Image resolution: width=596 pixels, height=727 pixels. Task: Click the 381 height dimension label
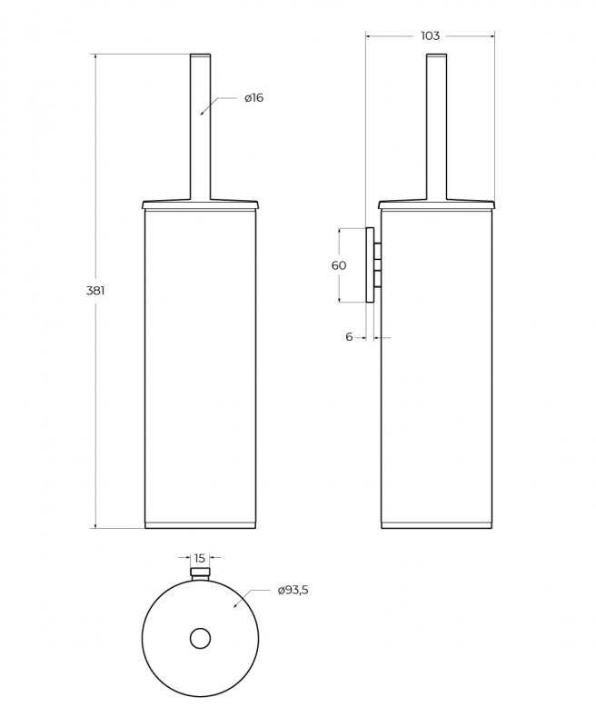pos(95,291)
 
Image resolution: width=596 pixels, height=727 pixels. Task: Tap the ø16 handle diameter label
pos(254,98)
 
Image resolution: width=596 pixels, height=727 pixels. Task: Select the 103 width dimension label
pos(430,35)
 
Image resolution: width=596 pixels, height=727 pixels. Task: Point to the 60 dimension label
pos(339,265)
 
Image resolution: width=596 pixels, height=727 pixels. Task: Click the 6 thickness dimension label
pos(349,336)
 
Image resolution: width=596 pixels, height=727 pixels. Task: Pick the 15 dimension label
pos(199,558)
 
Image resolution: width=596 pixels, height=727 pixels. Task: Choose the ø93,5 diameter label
pos(293,590)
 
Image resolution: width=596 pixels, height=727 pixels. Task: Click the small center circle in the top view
pos(200,639)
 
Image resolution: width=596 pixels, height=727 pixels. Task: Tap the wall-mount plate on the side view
pos(370,264)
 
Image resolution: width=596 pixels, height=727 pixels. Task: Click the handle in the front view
pos(200,127)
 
